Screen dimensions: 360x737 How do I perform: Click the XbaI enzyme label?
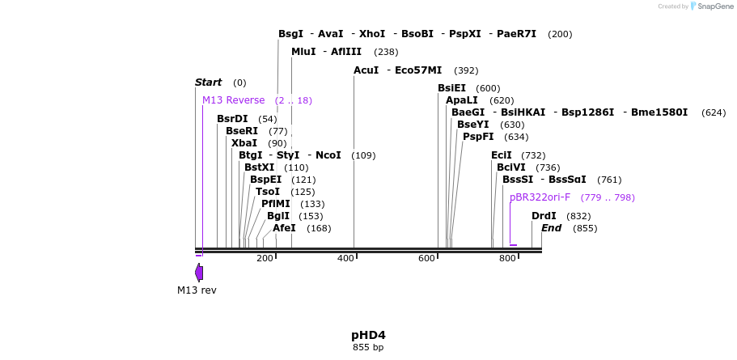tap(244, 143)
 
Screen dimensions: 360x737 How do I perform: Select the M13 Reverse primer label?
tap(233, 100)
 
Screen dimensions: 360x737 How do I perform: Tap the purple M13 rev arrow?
tap(199, 273)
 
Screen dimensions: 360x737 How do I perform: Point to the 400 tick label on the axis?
tap(345, 259)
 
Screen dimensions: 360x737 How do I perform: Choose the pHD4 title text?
tap(368, 335)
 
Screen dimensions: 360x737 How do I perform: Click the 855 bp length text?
tap(368, 348)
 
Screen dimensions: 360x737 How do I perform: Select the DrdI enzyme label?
tap(544, 216)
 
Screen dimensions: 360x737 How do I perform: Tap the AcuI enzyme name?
tap(366, 70)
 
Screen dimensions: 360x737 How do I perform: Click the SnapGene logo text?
tap(715, 6)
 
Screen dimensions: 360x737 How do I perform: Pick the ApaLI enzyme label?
tap(462, 100)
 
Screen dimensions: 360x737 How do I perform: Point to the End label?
tap(551, 228)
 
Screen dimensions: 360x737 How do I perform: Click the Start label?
tap(208, 83)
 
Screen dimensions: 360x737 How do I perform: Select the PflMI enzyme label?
tap(275, 204)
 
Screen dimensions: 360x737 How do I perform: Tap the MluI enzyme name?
tap(303, 52)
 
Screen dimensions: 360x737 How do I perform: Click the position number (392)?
tap(466, 70)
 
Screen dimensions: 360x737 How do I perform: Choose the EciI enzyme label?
tap(502, 155)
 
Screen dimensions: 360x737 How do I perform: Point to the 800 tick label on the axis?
tap(507, 259)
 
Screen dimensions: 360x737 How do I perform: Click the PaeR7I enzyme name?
tap(516, 34)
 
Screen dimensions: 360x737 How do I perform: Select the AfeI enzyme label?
tap(284, 228)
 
